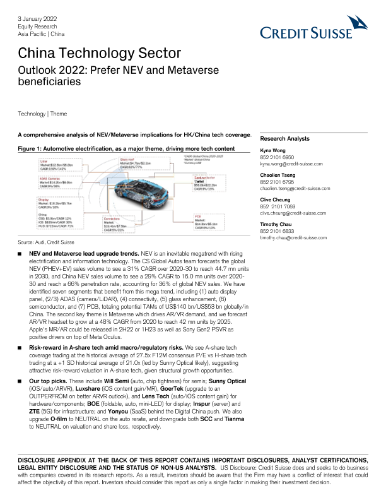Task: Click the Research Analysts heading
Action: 285,138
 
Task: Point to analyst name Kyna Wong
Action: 274,151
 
